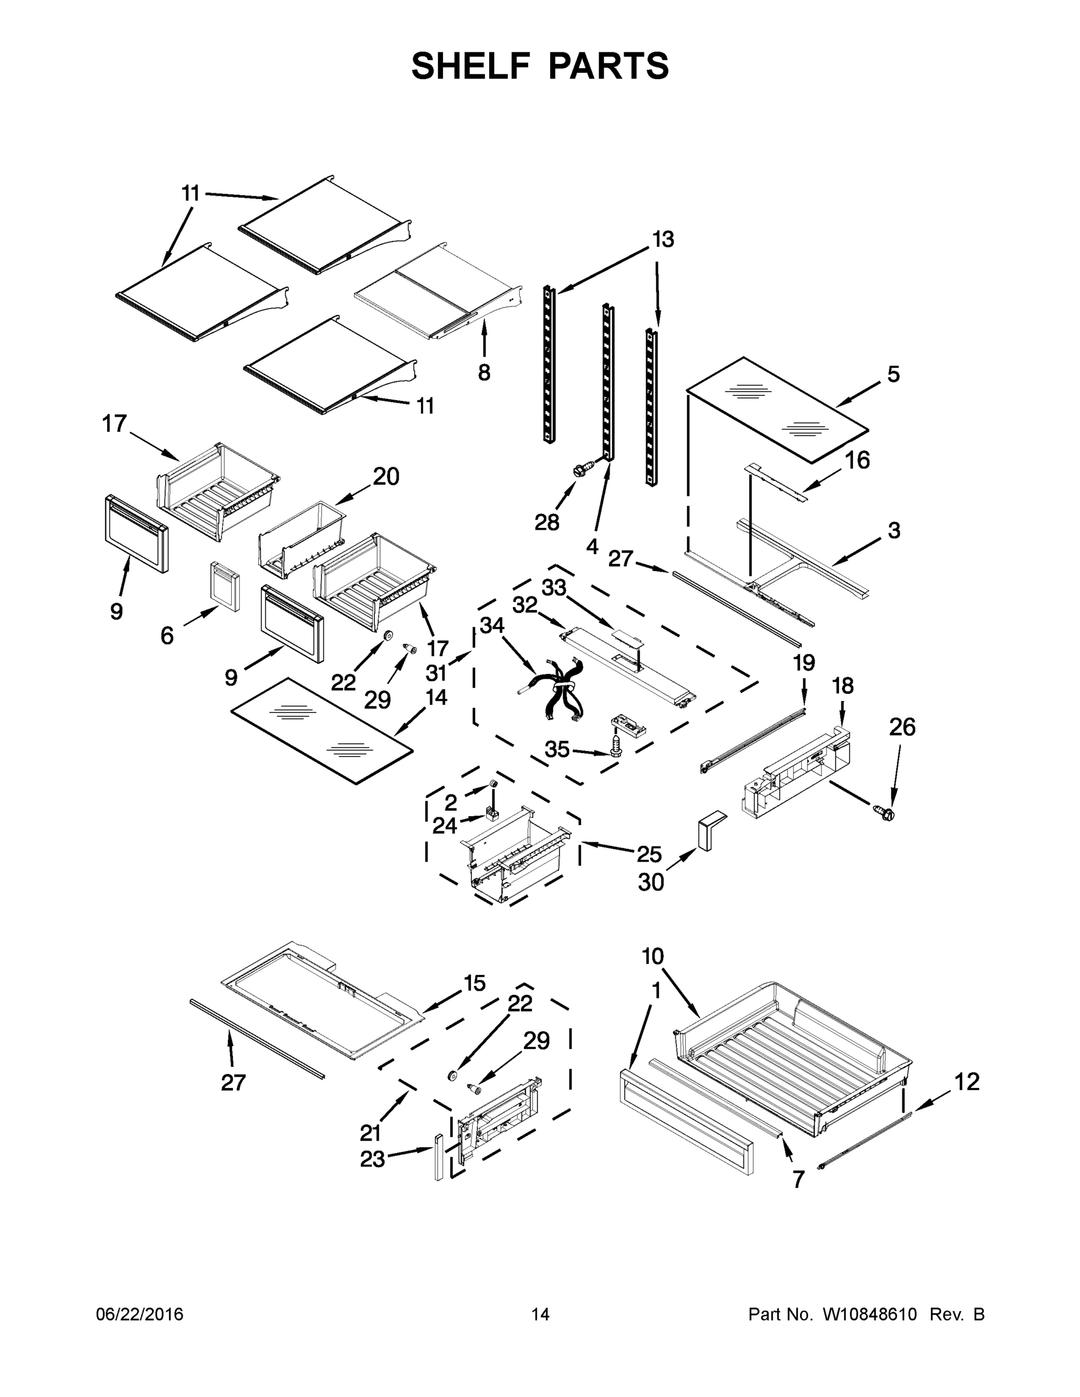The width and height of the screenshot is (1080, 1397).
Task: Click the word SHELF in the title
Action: [x=470, y=66]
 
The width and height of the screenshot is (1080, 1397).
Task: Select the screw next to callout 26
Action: [x=885, y=813]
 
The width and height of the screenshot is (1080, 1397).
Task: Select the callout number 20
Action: [x=386, y=476]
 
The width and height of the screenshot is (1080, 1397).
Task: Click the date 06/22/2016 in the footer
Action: [x=140, y=1314]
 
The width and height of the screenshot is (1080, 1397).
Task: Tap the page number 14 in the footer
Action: [x=540, y=1314]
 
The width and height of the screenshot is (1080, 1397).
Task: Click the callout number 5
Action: [x=893, y=374]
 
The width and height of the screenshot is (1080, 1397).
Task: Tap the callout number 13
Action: [x=663, y=239]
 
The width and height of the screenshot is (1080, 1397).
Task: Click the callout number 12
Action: [x=966, y=1082]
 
